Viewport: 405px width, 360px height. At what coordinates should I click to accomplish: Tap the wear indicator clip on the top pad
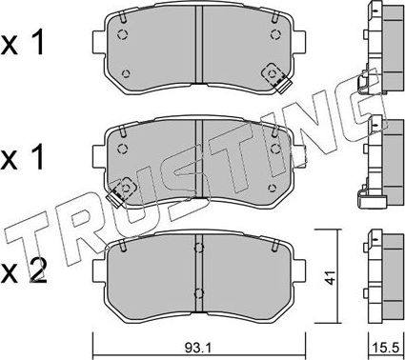[x=276, y=76]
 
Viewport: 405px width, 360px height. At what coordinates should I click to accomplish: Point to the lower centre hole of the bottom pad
[x=197, y=292]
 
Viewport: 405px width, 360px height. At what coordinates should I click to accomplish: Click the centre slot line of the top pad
[x=197, y=52]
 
